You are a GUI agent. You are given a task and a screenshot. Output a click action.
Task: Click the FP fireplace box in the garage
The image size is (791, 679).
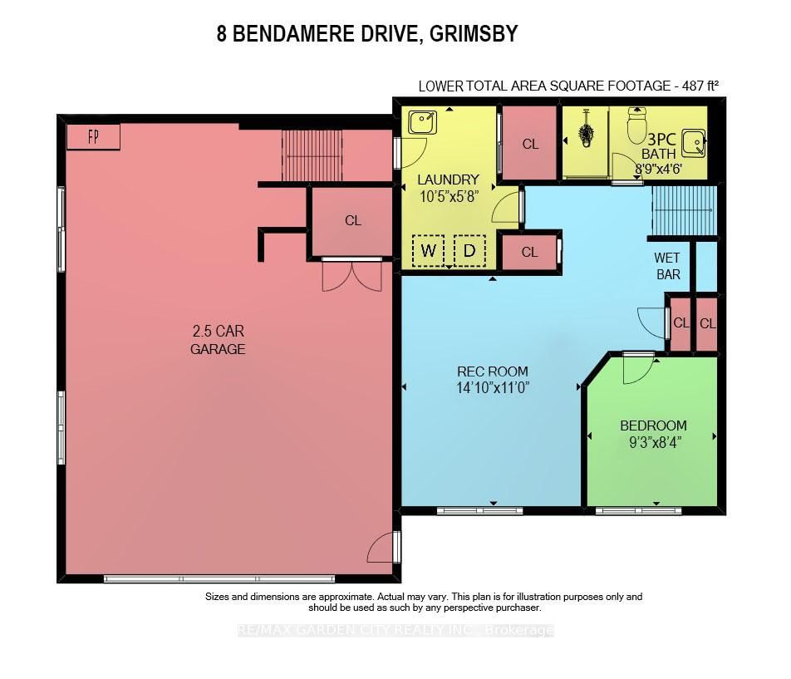tap(93, 136)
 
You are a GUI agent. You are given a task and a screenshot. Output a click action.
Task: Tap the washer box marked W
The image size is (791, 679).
tap(428, 251)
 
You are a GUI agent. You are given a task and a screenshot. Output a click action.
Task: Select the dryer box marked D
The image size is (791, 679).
tap(469, 251)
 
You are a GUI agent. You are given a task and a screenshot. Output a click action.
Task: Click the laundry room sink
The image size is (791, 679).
tap(422, 122)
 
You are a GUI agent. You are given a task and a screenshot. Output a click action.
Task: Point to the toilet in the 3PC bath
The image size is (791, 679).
tap(637, 125)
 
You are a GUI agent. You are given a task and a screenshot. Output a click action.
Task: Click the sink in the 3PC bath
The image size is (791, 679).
tap(694, 143)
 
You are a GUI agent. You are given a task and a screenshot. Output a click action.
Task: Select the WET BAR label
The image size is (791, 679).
tap(667, 266)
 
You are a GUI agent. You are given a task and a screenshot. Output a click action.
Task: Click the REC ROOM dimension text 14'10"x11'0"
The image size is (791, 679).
tap(493, 388)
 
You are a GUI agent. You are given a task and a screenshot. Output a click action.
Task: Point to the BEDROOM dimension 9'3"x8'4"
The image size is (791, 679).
tap(655, 442)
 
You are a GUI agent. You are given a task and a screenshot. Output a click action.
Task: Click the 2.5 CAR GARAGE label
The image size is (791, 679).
tap(218, 340)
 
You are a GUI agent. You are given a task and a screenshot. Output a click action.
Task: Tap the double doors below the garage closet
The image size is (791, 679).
tap(352, 277)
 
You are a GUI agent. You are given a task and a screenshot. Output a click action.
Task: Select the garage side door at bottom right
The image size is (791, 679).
tap(382, 547)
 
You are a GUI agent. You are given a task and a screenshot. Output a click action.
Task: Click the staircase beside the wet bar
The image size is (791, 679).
tap(684, 211)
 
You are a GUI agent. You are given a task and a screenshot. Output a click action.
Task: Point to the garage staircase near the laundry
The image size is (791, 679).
tap(312, 155)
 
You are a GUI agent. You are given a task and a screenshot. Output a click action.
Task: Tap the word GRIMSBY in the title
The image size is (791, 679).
tap(474, 34)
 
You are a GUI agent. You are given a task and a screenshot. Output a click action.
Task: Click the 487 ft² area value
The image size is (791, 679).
tap(700, 86)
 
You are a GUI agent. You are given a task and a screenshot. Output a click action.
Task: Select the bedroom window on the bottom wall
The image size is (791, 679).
tap(639, 511)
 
